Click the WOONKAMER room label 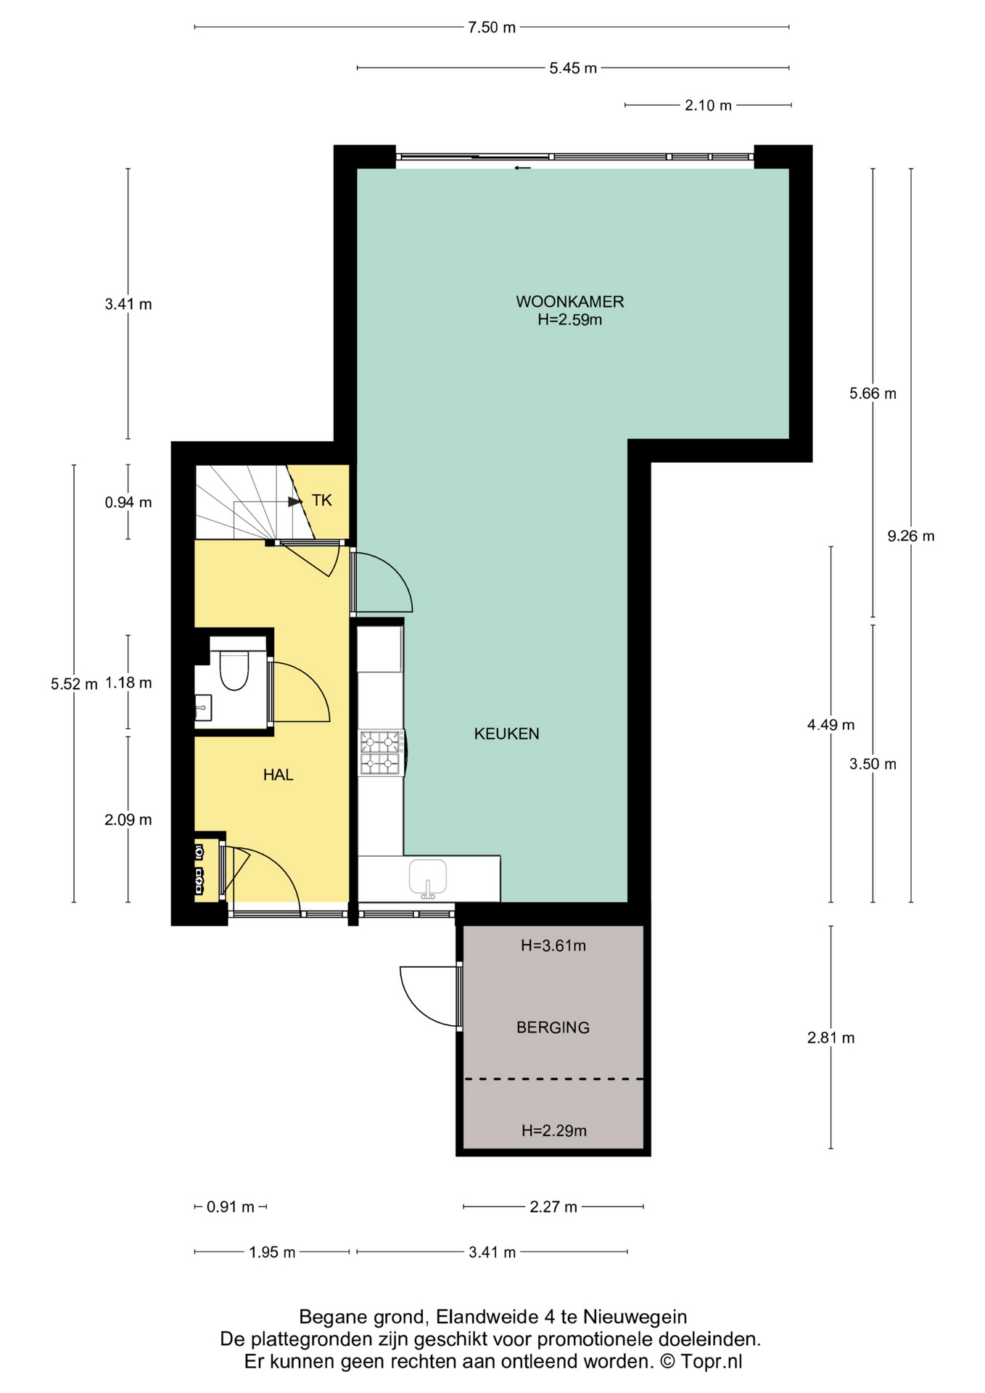click(569, 301)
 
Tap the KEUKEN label click(506, 734)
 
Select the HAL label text click(278, 775)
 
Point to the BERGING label click(553, 1027)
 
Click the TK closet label click(321, 500)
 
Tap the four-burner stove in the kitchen click(382, 752)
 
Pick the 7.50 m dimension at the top click(492, 28)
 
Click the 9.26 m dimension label click(911, 536)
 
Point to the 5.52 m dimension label click(74, 684)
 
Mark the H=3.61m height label click(553, 945)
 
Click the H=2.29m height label click(554, 1130)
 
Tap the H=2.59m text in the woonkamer click(569, 319)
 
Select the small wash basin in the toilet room click(202, 707)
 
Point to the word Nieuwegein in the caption click(635, 1317)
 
